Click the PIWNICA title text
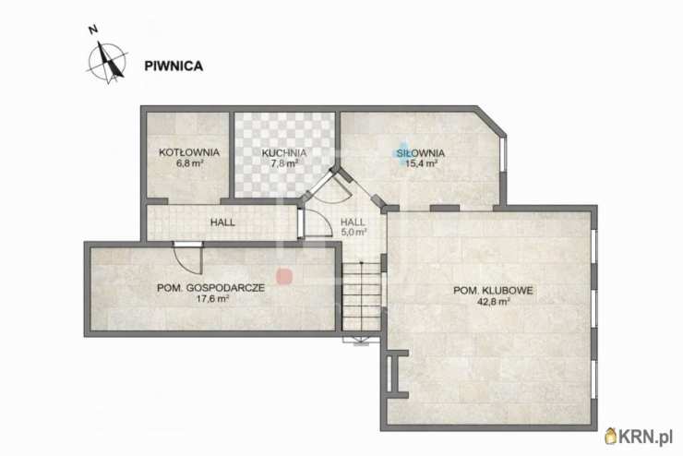174,66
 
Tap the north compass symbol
106,60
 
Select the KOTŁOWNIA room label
188,151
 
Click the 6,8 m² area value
188,163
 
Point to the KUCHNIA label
283,152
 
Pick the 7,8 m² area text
283,164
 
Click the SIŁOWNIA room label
421,152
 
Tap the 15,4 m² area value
421,164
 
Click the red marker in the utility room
285,275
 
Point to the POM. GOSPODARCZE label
211,287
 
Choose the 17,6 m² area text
211,299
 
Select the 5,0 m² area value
353,233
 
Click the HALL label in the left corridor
222,222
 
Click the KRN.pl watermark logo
639,436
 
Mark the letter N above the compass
92,30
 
